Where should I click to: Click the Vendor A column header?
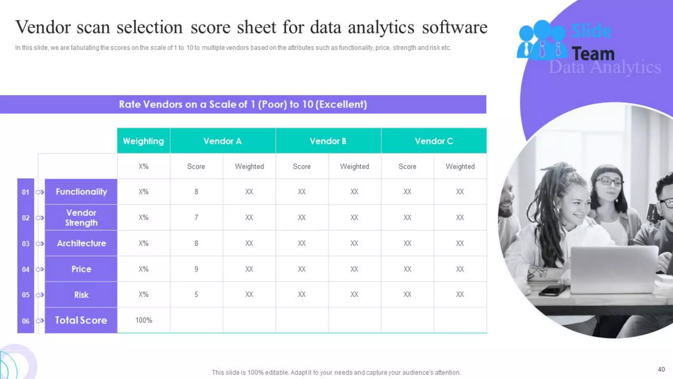(222, 141)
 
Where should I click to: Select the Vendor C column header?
(434, 141)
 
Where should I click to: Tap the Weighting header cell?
(143, 141)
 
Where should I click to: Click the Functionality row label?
(81, 192)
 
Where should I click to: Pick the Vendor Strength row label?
(81, 217)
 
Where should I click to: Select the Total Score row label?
(81, 320)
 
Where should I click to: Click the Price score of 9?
(196, 269)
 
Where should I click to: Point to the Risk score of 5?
(196, 294)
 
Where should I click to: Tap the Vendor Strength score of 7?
(196, 217)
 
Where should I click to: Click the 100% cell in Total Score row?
(144, 320)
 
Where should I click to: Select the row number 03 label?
(26, 244)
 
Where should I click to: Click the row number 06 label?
(26, 321)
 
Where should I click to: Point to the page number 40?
(661, 369)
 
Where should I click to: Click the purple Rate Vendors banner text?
(243, 105)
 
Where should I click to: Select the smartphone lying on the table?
(553, 291)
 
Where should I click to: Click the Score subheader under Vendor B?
(302, 166)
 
